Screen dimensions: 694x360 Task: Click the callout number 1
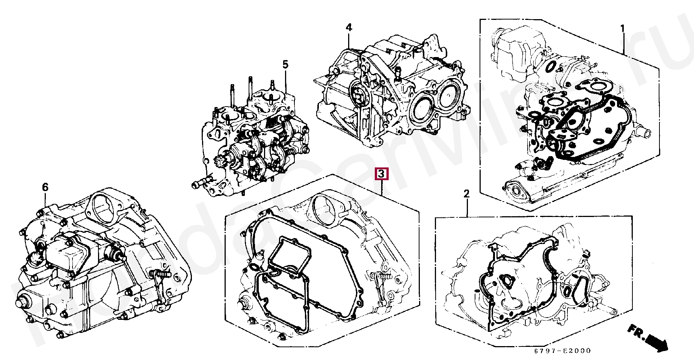tap(622, 29)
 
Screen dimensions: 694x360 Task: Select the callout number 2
tap(466, 194)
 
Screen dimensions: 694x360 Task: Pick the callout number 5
tap(285, 65)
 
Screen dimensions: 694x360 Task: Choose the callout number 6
tap(45, 187)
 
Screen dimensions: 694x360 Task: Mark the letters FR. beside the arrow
tap(636, 330)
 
